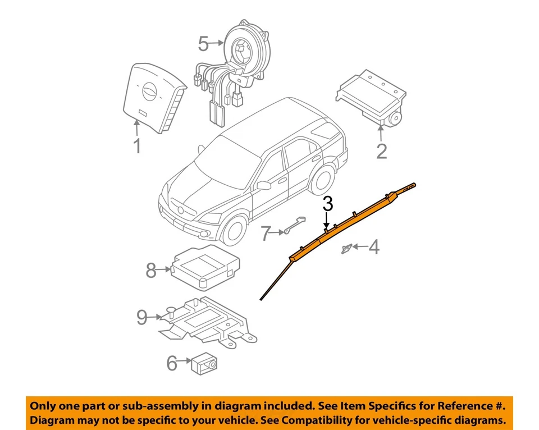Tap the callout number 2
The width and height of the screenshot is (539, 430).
(381, 150)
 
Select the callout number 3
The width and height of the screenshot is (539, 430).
(328, 204)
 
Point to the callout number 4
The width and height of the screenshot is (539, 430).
(373, 246)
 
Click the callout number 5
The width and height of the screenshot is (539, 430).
(203, 42)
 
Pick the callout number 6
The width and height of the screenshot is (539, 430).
(171, 363)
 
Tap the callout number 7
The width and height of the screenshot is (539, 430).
(266, 233)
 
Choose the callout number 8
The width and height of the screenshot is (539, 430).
(150, 271)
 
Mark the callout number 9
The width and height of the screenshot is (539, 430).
(143, 318)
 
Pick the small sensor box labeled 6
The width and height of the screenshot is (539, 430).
(205, 363)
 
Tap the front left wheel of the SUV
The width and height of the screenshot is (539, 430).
(235, 228)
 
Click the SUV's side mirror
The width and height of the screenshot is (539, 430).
(264, 185)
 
